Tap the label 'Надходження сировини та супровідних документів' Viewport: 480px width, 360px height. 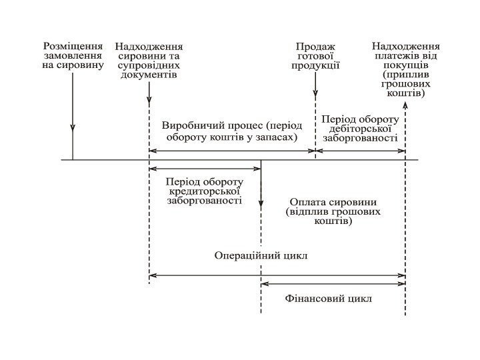[149, 61]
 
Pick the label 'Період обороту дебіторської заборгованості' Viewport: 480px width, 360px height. [360, 129]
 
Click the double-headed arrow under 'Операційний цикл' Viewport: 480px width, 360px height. [277, 274]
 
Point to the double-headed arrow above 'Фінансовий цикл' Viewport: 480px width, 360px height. [333, 284]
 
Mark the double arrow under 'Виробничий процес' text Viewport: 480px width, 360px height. [231, 151]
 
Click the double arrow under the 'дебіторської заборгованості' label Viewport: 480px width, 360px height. [360, 151]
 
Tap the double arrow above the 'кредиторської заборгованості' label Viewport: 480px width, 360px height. [205, 169]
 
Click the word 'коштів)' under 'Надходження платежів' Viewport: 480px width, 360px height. [405, 94]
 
